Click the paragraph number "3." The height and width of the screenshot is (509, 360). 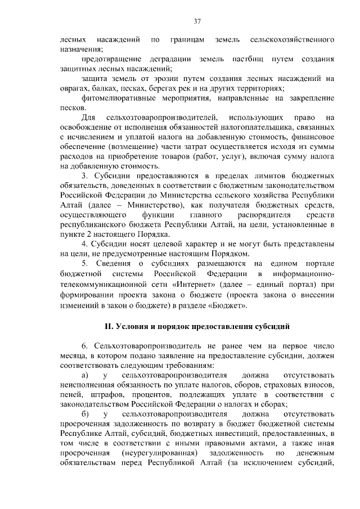click(x=85, y=177)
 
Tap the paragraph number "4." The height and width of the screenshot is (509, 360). click(x=85, y=245)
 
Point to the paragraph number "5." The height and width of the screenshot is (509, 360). click(x=85, y=264)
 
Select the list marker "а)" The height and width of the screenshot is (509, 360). click(x=85, y=374)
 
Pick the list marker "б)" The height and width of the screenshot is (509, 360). click(x=85, y=413)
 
